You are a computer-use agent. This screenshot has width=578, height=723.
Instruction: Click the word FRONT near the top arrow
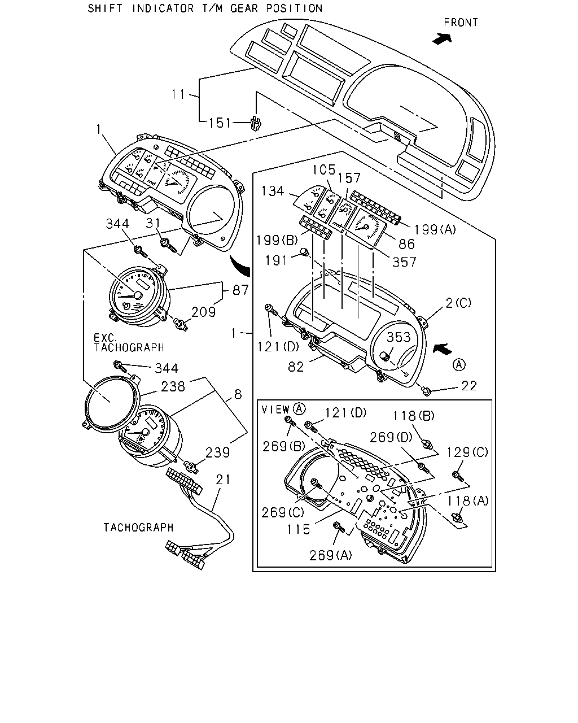pyautogui.click(x=461, y=23)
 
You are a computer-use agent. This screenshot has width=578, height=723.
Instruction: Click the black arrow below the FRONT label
pyautogui.click(x=442, y=39)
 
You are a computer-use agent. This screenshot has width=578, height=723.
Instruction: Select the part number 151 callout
pyautogui.click(x=220, y=123)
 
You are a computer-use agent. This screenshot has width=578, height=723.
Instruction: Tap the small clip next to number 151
pyautogui.click(x=256, y=123)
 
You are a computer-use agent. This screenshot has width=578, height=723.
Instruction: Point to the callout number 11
pyautogui.click(x=178, y=94)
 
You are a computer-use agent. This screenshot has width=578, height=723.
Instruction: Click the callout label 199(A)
pyautogui.click(x=435, y=230)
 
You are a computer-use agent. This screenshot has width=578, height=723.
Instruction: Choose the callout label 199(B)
pyautogui.click(x=277, y=240)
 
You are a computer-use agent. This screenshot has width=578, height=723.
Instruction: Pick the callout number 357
pyautogui.click(x=404, y=262)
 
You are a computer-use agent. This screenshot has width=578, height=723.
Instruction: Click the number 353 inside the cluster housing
pyautogui.click(x=399, y=337)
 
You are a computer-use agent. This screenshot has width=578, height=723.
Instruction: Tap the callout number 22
pyautogui.click(x=469, y=386)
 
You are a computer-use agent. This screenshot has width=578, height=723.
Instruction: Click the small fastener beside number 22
pyautogui.click(x=426, y=391)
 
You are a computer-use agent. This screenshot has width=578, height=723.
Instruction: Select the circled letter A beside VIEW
pyautogui.click(x=299, y=409)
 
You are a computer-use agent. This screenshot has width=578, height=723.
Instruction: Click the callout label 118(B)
pyautogui.click(x=414, y=416)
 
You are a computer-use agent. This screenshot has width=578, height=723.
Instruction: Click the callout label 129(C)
pyautogui.click(x=467, y=453)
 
